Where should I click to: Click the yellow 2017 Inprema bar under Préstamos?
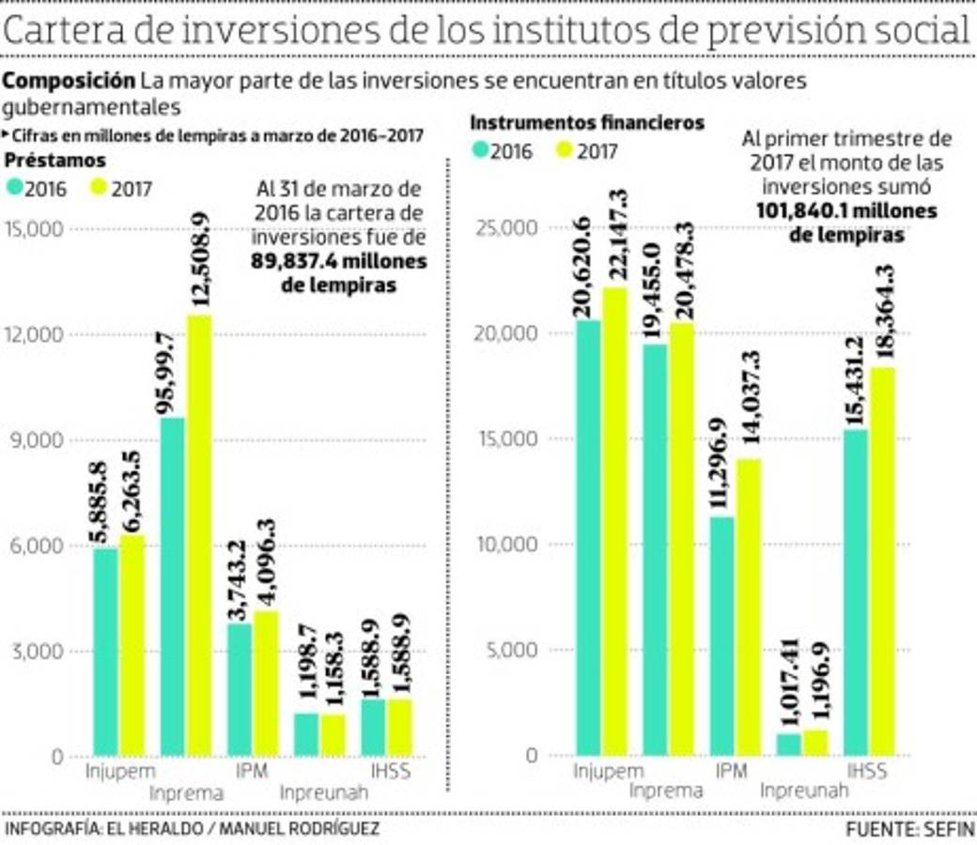(x=199, y=535)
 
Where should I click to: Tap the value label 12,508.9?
(x=201, y=259)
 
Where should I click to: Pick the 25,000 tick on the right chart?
(x=507, y=228)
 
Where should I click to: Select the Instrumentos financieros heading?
(x=586, y=123)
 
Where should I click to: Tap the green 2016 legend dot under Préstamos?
(x=14, y=187)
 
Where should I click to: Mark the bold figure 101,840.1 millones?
(x=846, y=212)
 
